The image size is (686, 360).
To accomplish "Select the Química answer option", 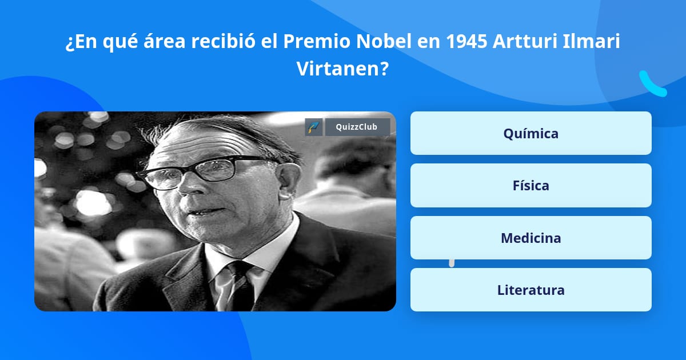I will pos(531,133).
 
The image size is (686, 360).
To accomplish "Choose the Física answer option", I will pos(531,185).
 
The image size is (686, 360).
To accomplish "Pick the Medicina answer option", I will pos(531,238).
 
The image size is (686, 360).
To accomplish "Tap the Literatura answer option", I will pos(531,290).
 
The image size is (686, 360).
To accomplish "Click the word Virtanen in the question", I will pos(342,69).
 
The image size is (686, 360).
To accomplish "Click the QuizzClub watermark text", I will pos(357,127).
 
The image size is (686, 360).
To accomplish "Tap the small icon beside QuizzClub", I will pos(314,127).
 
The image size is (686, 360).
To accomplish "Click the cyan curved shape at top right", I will pos(652,84).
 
